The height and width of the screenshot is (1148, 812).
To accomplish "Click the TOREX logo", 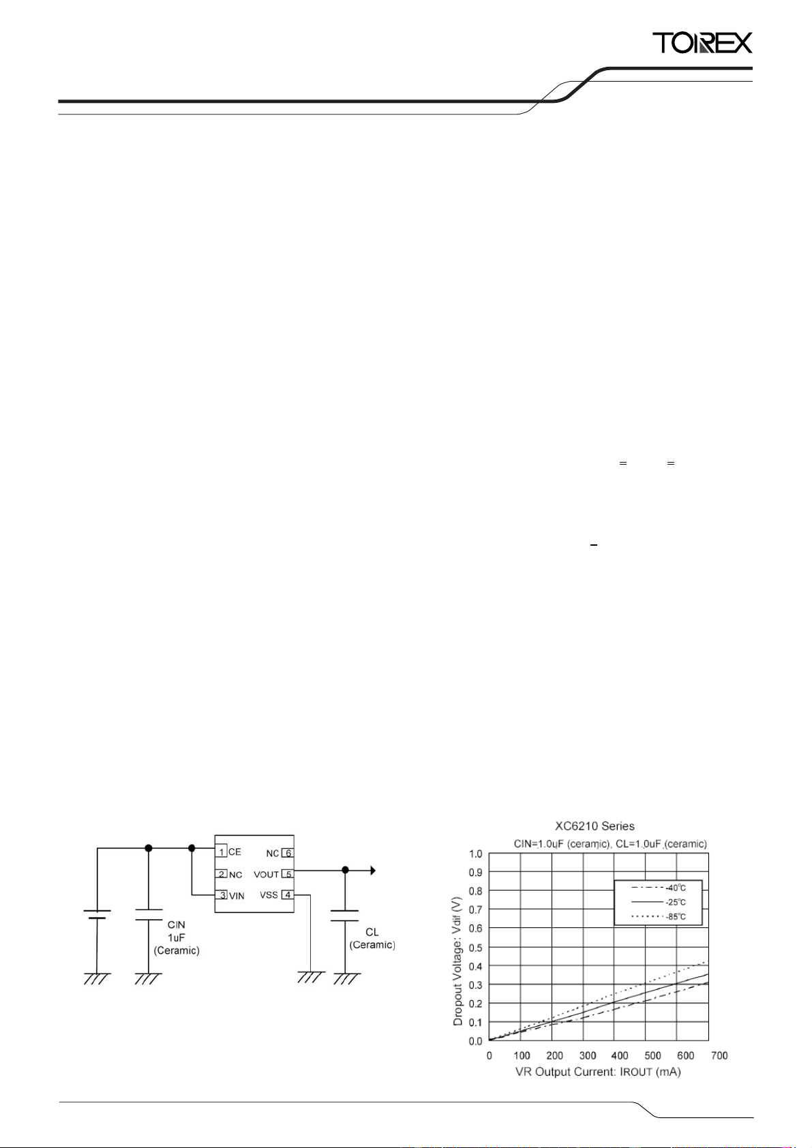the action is click(x=702, y=43).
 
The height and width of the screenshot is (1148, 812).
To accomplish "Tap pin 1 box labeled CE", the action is click(x=221, y=852).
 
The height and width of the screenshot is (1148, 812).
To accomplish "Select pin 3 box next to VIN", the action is click(x=221, y=895).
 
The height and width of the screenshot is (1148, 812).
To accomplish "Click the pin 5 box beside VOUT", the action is click(x=288, y=874).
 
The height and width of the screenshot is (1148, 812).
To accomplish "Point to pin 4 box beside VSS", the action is click(x=288, y=895).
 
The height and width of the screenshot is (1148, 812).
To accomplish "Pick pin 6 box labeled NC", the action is click(x=288, y=853).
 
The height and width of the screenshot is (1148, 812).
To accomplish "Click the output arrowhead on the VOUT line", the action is click(x=373, y=870).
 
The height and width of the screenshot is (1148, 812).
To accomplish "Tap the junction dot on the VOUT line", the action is click(x=345, y=870).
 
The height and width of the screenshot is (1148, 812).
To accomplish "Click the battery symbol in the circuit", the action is click(x=97, y=914).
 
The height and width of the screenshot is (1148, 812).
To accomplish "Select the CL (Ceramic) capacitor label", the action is click(x=372, y=938).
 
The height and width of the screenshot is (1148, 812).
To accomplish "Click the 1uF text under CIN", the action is click(x=177, y=937).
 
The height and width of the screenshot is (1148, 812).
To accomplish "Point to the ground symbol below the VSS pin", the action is click(x=311, y=977).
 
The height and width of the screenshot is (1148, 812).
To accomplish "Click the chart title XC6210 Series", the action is click(x=595, y=826).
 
